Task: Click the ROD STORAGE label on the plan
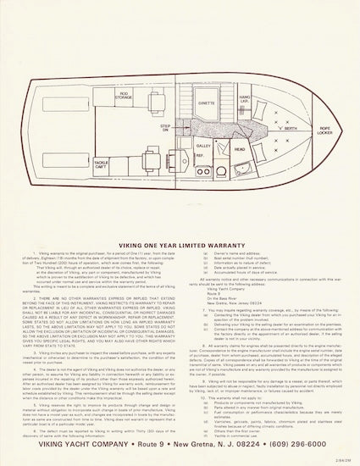tap(125, 97)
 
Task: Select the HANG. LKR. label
tap(245, 100)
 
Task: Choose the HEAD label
tap(240, 150)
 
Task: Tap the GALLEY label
tap(203, 146)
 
